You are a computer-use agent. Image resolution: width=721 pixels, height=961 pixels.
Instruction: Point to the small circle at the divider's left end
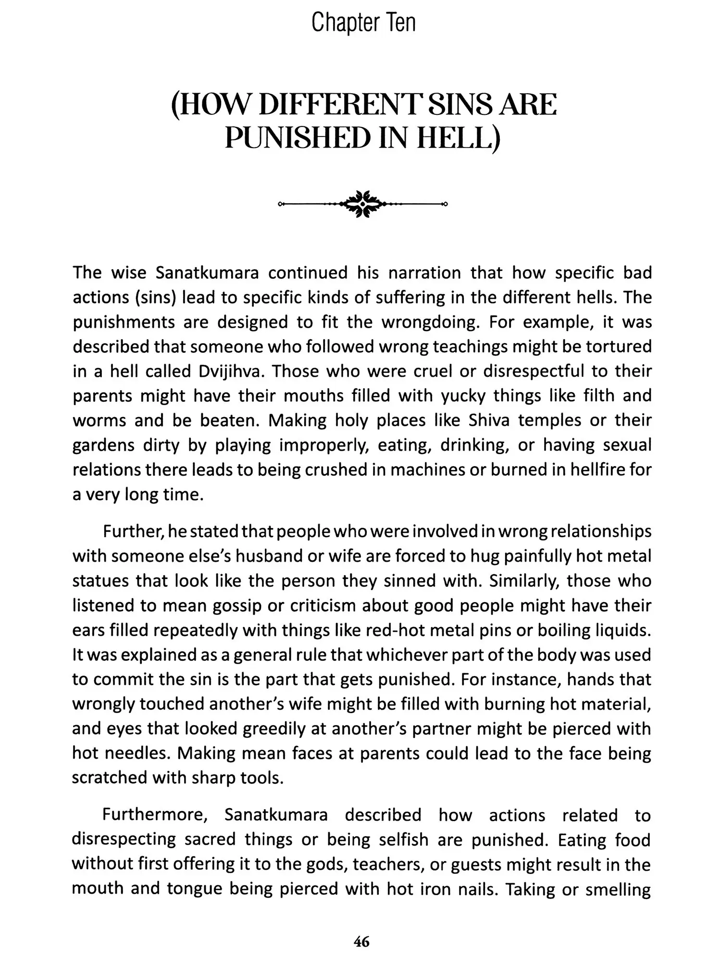(x=280, y=204)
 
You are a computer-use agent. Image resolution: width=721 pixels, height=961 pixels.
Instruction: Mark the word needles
(x=135, y=753)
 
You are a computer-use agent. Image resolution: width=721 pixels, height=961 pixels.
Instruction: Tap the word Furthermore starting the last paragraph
(x=156, y=815)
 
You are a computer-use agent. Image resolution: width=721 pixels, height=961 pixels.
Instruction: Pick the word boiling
(x=564, y=630)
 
